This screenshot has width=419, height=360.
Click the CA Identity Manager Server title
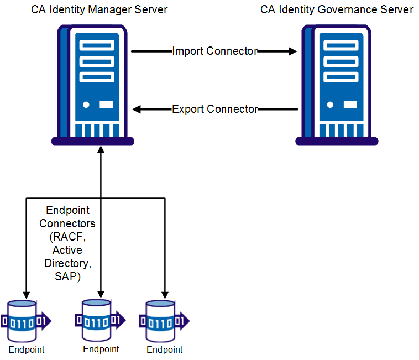click(99, 10)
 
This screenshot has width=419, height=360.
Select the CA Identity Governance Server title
click(337, 10)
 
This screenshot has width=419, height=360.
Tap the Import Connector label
click(214, 51)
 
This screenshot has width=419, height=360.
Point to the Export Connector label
click(215, 109)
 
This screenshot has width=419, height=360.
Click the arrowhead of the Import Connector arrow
click(292, 51)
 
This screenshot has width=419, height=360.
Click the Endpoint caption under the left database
click(26, 349)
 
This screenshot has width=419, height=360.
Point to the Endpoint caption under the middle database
click(101, 349)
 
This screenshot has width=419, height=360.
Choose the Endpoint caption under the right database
click(164, 349)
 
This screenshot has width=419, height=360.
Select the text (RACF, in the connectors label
click(67, 237)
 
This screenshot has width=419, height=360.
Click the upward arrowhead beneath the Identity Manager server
click(101, 150)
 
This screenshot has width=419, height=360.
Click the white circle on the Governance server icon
click(330, 104)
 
